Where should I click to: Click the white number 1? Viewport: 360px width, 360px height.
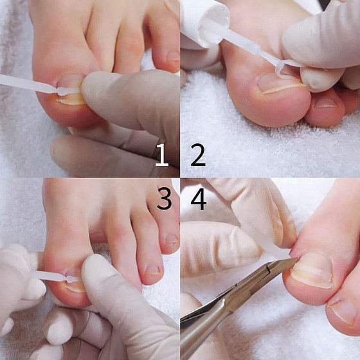click(x=162, y=155)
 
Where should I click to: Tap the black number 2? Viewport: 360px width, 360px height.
click(x=198, y=155)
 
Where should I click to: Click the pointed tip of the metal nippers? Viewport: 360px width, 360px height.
click(x=298, y=258)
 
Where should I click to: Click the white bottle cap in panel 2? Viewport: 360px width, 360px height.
click(x=204, y=22)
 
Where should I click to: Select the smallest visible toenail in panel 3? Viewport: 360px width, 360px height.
click(x=173, y=239)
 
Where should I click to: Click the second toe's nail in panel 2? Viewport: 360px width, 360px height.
click(x=327, y=104)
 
